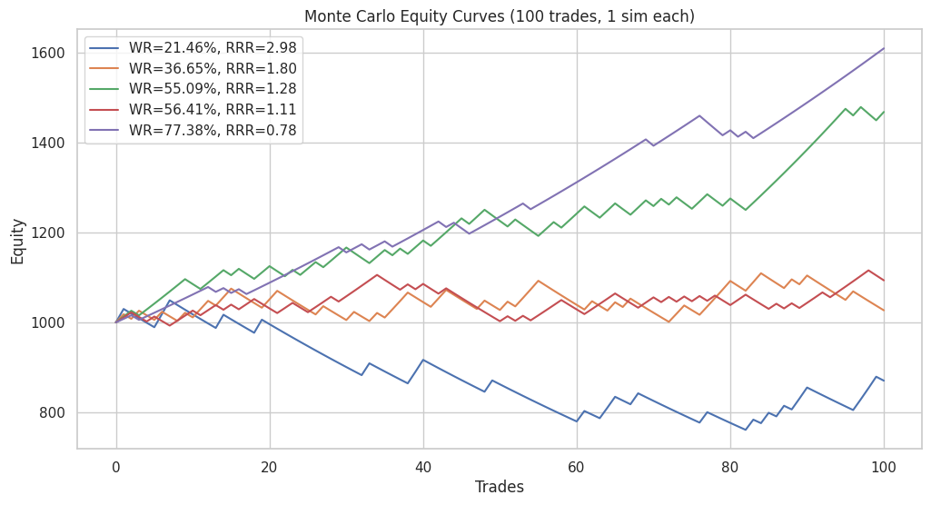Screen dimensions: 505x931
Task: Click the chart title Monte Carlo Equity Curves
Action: click(499, 16)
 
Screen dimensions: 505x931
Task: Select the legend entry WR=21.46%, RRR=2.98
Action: click(213, 47)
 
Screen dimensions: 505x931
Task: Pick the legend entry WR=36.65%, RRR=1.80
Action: click(213, 68)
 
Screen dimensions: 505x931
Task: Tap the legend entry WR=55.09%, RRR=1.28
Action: click(213, 88)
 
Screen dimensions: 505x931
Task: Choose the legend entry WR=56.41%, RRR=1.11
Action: click(213, 109)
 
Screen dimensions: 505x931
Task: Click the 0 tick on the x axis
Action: click(116, 466)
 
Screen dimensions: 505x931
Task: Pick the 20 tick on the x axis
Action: click(270, 466)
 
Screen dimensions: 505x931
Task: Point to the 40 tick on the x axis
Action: click(423, 466)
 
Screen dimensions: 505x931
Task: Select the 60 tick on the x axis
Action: click(577, 466)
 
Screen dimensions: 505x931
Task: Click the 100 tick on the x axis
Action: click(884, 466)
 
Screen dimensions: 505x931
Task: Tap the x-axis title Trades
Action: click(500, 487)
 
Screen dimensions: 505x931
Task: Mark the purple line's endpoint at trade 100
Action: click(884, 48)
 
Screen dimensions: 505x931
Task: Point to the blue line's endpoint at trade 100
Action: click(884, 381)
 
